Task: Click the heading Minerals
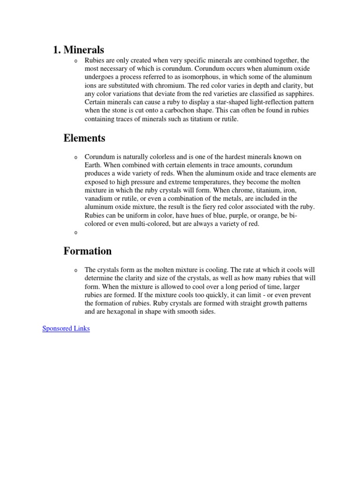click(x=83, y=49)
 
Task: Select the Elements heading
click(x=84, y=138)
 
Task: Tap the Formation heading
click(x=88, y=251)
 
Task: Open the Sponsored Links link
click(x=66, y=329)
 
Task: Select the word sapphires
click(x=295, y=94)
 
